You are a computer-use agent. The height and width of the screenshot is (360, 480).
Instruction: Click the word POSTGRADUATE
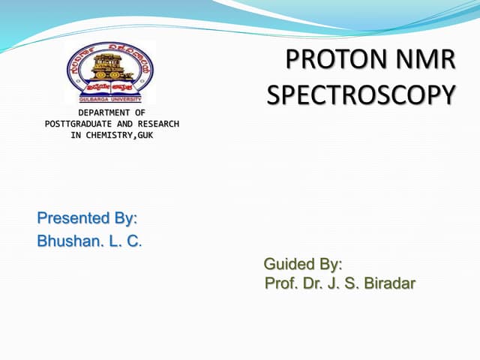tap(76, 124)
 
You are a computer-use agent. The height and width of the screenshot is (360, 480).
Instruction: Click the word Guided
tap(289, 265)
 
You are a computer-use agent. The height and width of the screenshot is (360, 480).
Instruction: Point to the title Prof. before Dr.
tap(280, 284)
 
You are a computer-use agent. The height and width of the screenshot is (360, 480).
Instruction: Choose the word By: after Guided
tap(331, 265)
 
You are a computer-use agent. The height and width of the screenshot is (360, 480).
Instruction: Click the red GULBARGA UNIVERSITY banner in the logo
tap(110, 97)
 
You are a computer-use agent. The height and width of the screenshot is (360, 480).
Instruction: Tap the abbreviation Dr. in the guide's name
tap(312, 284)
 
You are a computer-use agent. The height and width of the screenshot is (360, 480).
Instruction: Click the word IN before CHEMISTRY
tap(76, 135)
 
